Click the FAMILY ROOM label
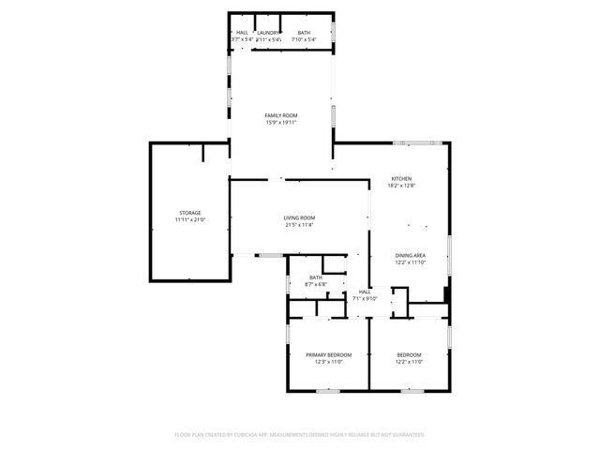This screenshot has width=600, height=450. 280,115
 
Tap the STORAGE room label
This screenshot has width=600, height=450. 190,213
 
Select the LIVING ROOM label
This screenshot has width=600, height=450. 299,218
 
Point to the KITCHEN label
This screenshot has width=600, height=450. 401,179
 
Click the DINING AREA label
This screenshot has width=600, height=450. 410,256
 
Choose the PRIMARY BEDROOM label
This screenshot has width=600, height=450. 328,354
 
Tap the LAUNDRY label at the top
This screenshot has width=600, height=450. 269,33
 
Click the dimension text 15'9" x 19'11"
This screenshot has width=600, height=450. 280,122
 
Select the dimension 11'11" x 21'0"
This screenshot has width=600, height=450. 190,219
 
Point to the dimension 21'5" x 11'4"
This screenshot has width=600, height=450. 299,225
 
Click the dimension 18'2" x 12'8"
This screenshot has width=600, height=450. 401,186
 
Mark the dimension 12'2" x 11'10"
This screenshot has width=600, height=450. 410,262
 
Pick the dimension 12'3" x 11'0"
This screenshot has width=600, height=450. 328,361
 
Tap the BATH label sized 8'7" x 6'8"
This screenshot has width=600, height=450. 316,277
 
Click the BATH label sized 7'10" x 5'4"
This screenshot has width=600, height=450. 305,33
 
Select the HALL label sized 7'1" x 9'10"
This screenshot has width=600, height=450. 365,292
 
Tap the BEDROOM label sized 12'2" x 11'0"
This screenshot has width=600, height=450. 410,354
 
